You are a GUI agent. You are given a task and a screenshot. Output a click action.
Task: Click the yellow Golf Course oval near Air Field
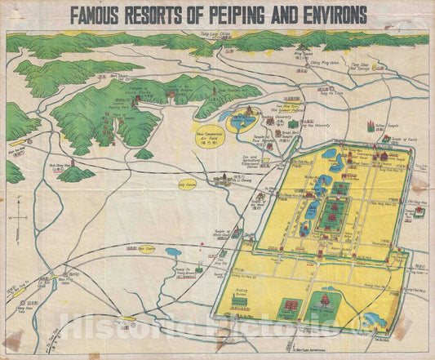tap(187, 184)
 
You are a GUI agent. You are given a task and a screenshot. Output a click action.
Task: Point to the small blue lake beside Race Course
tap(174, 252)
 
